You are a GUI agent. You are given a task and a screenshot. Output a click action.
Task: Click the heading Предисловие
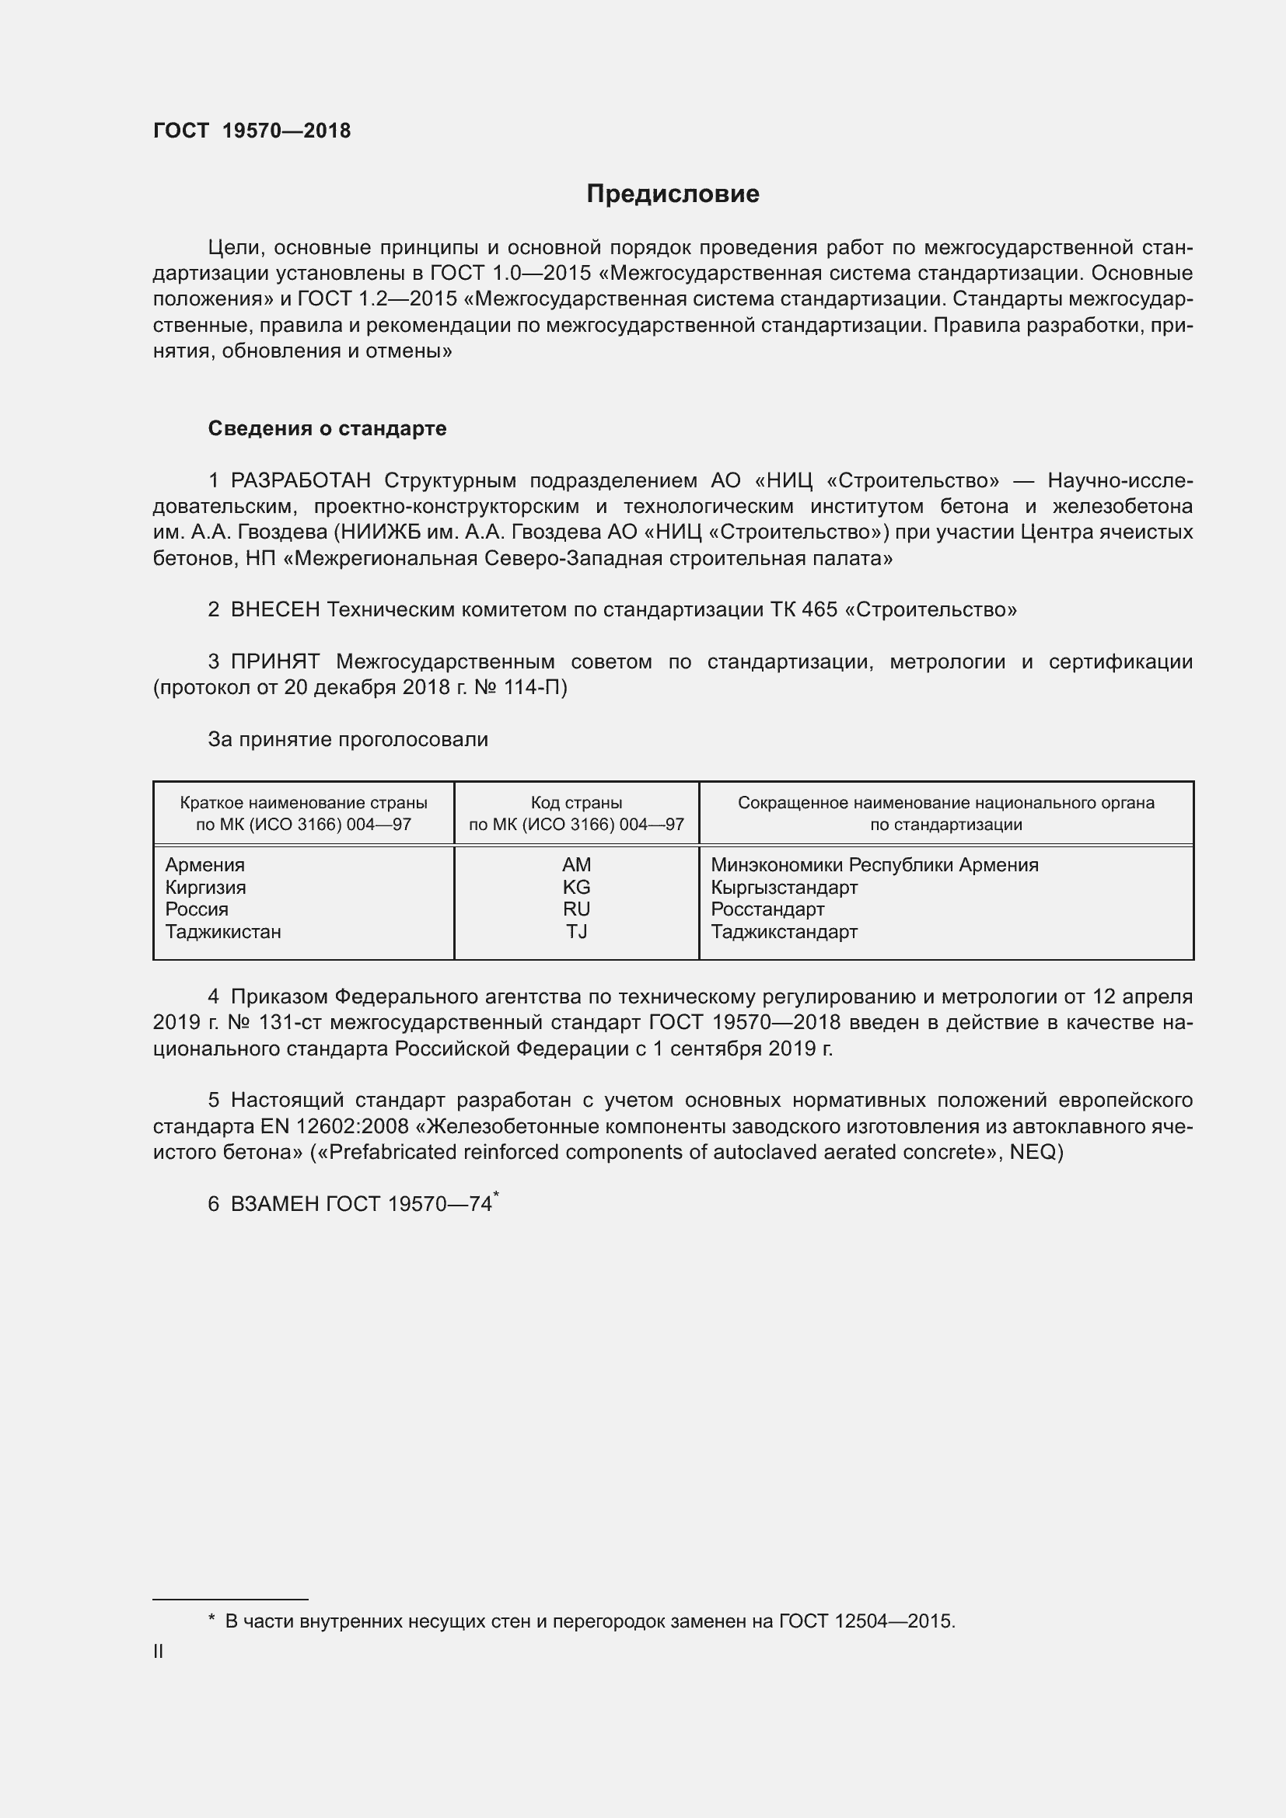coord(673,194)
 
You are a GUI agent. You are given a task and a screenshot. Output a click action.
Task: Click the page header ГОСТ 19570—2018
coord(252,131)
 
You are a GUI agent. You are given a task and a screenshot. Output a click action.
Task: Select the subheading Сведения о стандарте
coord(327,428)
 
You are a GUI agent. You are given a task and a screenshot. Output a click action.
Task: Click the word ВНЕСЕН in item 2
coord(274,609)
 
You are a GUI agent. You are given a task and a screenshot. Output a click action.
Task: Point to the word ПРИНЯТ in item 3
coord(274,661)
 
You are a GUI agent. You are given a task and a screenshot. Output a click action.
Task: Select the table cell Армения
coord(204,864)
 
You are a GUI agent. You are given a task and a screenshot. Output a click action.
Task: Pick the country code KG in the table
coord(575,887)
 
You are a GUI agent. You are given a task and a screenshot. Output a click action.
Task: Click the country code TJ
coord(575,931)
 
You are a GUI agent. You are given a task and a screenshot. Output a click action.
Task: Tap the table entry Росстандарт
coord(767,909)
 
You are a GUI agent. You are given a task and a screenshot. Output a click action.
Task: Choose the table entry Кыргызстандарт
coord(784,887)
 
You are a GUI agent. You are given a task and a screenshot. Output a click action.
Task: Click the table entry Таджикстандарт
coord(784,931)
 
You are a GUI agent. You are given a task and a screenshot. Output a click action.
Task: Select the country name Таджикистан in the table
coord(222,931)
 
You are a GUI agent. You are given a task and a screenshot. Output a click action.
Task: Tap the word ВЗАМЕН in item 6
coord(274,1204)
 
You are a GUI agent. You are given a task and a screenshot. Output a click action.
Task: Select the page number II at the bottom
coord(159,1652)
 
